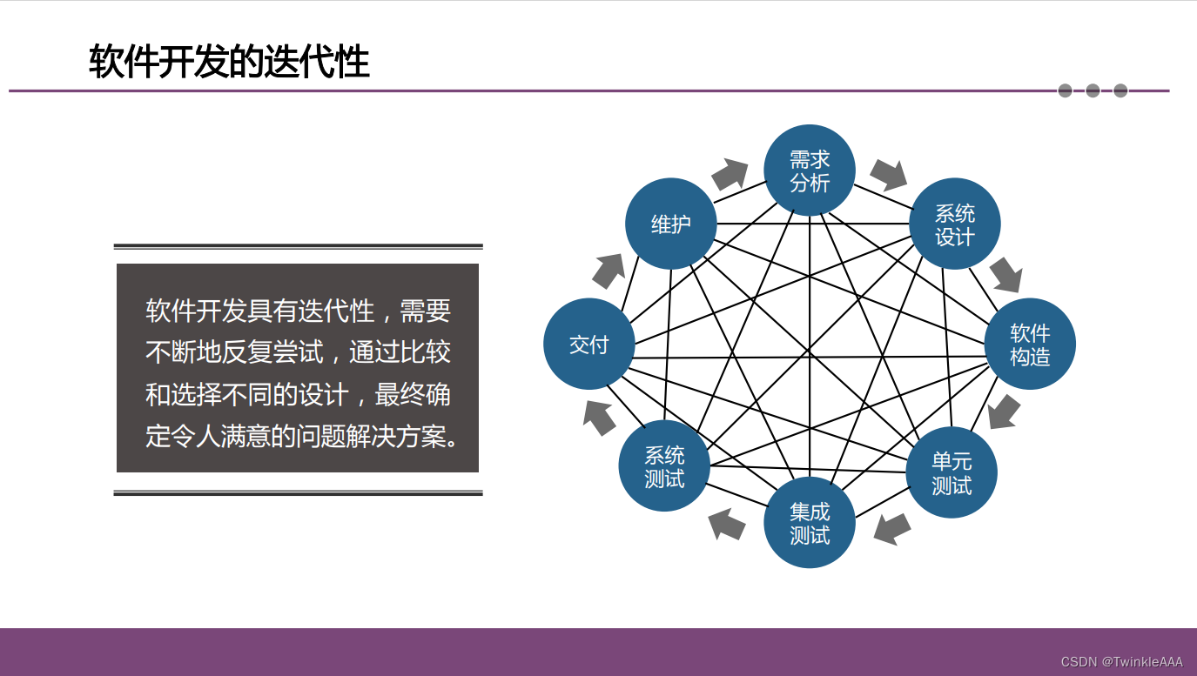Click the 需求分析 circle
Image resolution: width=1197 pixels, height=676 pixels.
click(x=810, y=171)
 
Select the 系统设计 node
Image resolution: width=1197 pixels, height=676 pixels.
click(x=954, y=224)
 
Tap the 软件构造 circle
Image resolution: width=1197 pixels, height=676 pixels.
click(x=1030, y=344)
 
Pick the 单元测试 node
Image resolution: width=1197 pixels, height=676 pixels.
click(x=952, y=472)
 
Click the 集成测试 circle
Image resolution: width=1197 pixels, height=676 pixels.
click(x=810, y=523)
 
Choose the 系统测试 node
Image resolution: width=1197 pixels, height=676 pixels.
click(x=664, y=466)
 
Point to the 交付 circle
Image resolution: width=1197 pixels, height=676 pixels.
click(x=589, y=345)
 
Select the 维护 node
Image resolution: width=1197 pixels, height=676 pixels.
click(x=671, y=224)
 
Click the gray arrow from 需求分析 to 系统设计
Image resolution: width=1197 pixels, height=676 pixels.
click(x=889, y=174)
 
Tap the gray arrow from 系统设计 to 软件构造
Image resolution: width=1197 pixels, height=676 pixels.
click(x=1006, y=275)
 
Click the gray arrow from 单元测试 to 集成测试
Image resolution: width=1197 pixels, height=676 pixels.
click(x=892, y=528)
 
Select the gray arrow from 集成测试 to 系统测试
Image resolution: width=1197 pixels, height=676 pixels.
click(x=727, y=524)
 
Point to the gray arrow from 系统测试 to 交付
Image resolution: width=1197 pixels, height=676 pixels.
click(x=599, y=417)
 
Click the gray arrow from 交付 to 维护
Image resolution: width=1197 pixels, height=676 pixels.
click(x=609, y=271)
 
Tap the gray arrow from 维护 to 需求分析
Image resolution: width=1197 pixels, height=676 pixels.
click(x=730, y=174)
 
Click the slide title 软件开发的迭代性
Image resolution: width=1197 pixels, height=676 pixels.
click(x=229, y=63)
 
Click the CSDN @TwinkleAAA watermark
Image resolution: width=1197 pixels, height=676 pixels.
click(x=1121, y=662)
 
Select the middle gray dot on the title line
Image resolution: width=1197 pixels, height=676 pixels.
click(x=1093, y=90)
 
